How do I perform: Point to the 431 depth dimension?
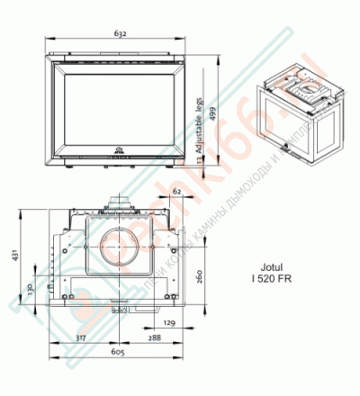point(14,257)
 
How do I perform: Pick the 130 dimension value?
point(30,290)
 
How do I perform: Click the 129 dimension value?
point(168,321)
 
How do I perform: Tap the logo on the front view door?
point(119,150)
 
